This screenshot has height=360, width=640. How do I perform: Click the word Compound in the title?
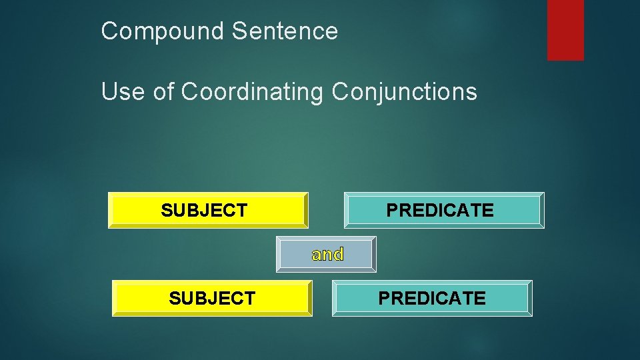163,31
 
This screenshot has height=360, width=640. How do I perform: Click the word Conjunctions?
404,91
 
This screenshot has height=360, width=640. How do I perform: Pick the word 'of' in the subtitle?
163,91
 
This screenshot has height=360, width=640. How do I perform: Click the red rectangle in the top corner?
565,29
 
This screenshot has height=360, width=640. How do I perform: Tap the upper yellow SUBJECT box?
208,210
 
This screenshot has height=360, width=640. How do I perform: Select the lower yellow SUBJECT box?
212,298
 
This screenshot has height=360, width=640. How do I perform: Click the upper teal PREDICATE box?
444,210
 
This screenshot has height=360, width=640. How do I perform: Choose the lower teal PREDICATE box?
432,298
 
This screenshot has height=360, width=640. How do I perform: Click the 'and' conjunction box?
326,254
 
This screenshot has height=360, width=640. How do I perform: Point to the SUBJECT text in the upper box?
204,211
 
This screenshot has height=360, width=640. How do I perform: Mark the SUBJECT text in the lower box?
212,299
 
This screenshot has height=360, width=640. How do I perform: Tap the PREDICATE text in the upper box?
440,211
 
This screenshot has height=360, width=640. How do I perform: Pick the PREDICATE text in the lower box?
432,299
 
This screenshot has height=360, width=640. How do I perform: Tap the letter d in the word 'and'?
338,254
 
